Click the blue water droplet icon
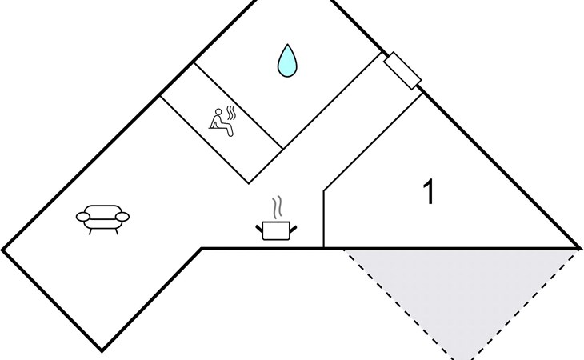point(287,62)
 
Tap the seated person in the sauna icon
point(222,123)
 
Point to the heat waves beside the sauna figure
point(232,113)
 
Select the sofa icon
point(102,219)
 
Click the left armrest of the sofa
point(83,216)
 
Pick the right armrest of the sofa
point(122,216)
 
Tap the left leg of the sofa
point(90,231)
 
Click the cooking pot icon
point(276,230)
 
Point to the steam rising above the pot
point(277,208)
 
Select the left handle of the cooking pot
point(259,229)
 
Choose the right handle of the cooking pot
point(294,229)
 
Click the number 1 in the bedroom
point(430,191)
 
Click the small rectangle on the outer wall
point(402,70)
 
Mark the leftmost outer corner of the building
point(2,250)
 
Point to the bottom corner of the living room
point(102,350)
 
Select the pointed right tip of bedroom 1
point(579,248)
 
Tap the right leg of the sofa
point(117,231)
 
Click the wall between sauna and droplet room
point(238,106)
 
